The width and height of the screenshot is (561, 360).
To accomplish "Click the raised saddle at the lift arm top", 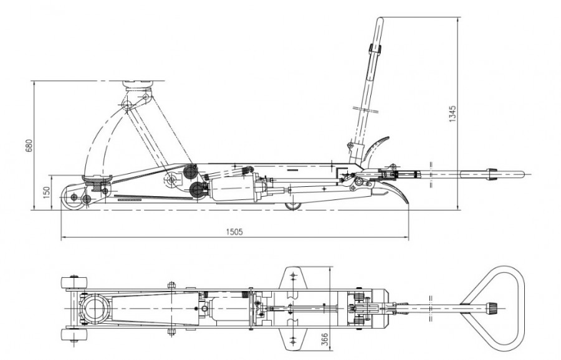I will point(138,82).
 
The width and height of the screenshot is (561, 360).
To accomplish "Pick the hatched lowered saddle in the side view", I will point(98,184).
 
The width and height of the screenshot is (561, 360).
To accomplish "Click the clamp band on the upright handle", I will point(376,49).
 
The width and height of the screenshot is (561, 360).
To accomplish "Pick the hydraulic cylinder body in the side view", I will point(231,187).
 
